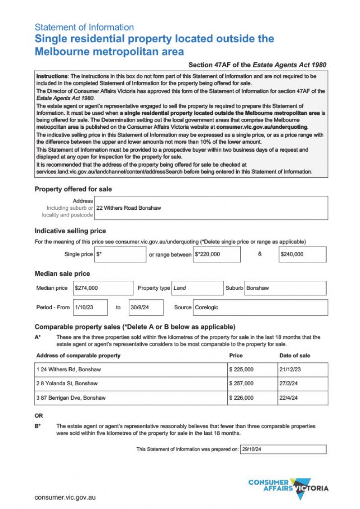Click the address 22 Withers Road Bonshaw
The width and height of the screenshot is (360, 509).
tap(129, 208)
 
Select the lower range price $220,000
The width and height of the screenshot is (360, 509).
tap(208, 254)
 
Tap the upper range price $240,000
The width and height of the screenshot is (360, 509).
tap(292, 254)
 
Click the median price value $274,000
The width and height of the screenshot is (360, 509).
tap(86, 288)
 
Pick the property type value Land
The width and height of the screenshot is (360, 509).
tap(180, 288)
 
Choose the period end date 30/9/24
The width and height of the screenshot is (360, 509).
tap(140, 307)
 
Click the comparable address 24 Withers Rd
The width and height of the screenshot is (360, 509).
tap(69, 369)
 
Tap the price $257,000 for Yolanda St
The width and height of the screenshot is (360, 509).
tap(241, 383)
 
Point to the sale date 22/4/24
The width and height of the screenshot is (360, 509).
tap(289, 398)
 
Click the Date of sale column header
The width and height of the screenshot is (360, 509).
tap(295, 356)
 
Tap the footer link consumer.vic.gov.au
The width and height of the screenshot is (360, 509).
tap(65, 497)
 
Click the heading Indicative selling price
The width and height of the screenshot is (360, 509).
tap(70, 231)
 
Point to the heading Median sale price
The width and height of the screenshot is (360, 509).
tap(62, 274)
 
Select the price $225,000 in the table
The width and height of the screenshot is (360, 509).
tap(241, 369)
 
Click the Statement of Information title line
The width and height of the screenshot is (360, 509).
tap(84, 27)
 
